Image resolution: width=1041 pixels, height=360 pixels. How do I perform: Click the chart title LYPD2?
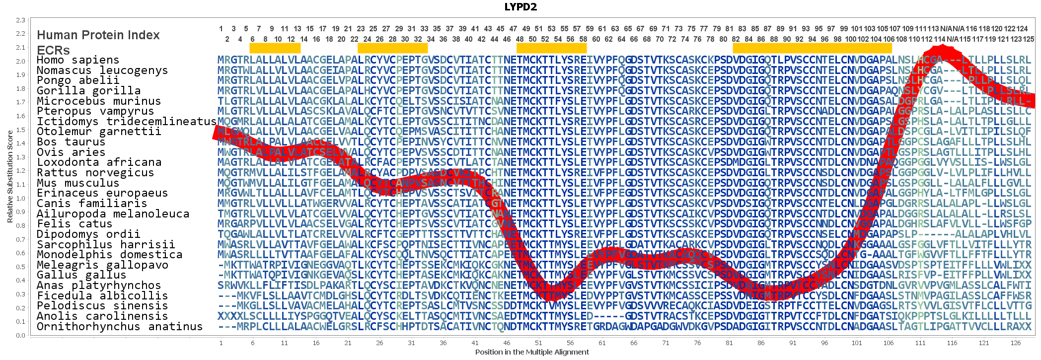[520, 6]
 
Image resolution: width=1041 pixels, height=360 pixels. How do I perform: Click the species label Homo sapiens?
[78, 60]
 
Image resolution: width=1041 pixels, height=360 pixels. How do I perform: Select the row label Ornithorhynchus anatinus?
[120, 326]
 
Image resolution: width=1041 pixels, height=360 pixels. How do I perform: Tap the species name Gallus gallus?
[81, 275]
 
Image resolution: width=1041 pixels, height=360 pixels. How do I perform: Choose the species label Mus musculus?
[78, 183]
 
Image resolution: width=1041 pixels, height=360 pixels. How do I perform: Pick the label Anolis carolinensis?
[102, 316]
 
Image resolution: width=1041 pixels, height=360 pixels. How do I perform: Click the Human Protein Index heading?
[98, 35]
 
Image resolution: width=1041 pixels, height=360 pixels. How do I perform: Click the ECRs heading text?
[53, 50]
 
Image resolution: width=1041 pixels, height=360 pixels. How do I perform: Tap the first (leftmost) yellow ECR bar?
[275, 48]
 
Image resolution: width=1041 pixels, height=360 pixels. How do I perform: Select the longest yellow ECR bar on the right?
[812, 48]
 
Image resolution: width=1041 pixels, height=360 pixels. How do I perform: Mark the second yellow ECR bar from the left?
[392, 48]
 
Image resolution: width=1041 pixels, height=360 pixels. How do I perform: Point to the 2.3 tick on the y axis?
[20, 20]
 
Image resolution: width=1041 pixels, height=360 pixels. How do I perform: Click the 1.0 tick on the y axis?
[20, 198]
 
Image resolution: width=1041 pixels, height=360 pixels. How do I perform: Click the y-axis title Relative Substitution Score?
[10, 176]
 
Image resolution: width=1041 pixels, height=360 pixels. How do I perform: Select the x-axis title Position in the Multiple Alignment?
[531, 352]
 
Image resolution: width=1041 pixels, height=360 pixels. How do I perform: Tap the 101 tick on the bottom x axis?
[857, 343]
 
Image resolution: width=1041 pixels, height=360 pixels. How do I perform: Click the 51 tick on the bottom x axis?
[538, 343]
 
